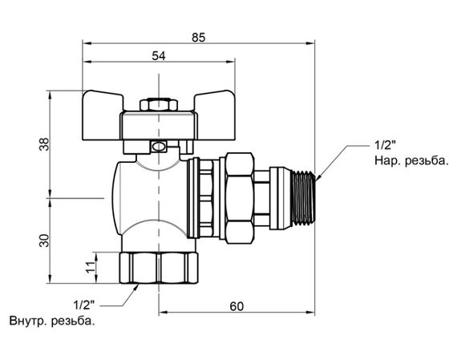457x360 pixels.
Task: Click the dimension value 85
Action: pos(199,38)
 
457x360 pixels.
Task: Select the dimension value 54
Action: pos(159,56)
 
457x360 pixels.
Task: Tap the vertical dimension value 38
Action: pos(45,144)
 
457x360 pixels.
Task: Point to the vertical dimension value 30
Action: pos(45,241)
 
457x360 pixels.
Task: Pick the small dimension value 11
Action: pos(91,266)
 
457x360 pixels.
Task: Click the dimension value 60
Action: pos(237,306)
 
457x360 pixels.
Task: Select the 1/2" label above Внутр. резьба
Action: pos(84,305)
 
